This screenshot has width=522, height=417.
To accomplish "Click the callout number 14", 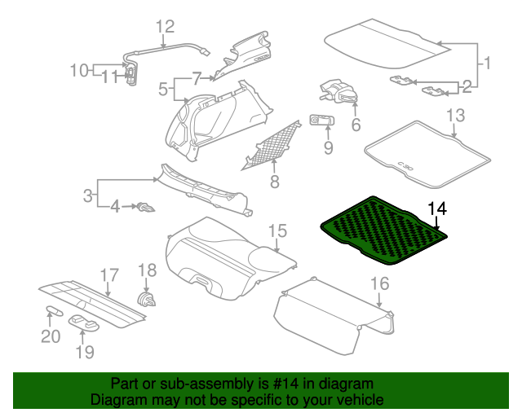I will tap(437, 209).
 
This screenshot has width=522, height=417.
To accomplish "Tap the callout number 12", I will tap(166, 26).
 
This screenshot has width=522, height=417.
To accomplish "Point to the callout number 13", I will tap(455, 114).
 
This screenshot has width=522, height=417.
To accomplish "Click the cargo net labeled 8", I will tap(272, 144).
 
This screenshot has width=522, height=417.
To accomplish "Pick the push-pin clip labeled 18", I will tap(148, 299).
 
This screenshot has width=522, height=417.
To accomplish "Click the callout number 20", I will tap(51, 336).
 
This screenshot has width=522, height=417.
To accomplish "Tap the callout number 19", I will tap(85, 352).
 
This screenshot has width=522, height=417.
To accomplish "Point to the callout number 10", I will tap(78, 70).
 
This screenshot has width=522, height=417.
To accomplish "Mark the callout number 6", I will tap(356, 125).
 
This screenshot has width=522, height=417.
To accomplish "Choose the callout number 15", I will tap(278, 231).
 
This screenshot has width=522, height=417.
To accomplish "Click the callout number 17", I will tap(108, 274).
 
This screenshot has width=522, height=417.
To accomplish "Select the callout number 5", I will tap(162, 87).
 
